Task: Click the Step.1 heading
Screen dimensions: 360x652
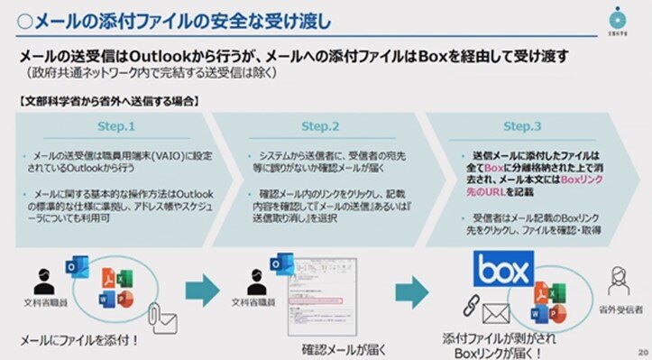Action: click(115, 126)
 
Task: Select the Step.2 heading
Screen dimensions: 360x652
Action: click(320, 126)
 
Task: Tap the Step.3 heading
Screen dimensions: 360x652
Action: click(523, 126)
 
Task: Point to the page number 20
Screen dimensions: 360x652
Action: click(642, 351)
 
